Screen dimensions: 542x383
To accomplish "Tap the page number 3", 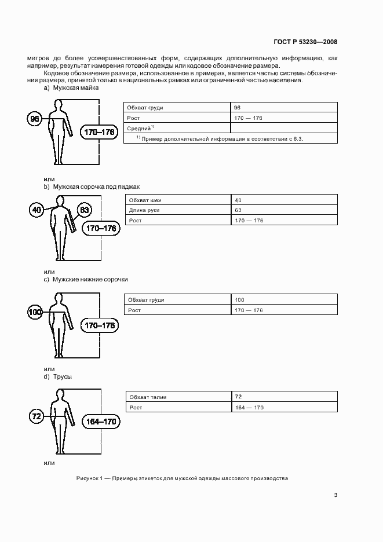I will coord(335,495).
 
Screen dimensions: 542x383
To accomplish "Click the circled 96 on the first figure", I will coord(35,119).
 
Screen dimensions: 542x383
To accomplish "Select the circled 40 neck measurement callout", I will coord(37,210).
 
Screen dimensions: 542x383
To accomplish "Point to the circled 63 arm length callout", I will coord(83,210).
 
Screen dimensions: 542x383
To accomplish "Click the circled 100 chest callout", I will coord(35,313).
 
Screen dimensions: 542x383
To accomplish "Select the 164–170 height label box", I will coord(100,422).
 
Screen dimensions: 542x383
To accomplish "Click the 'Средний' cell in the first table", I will coord(141,128).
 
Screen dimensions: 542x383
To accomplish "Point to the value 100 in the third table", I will coord(239,299).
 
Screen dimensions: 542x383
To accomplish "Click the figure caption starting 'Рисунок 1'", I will coord(181,478).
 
